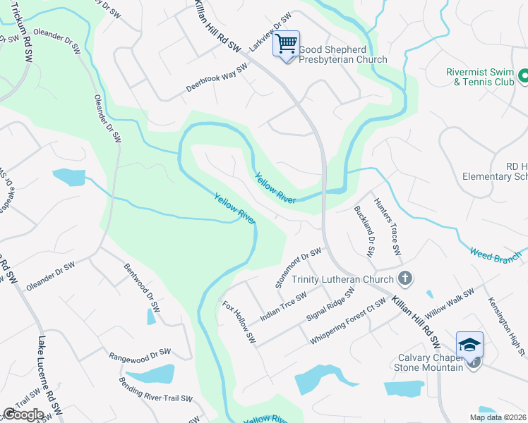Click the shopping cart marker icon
[x=287, y=44]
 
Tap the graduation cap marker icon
[x=469, y=345]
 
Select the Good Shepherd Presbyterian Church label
[x=343, y=54]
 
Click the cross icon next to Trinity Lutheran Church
[x=404, y=278]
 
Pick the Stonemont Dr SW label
[x=298, y=267]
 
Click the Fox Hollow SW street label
[x=239, y=322]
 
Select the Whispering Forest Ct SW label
[x=348, y=322]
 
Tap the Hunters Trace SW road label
[x=387, y=226]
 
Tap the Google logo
[x=23, y=415]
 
